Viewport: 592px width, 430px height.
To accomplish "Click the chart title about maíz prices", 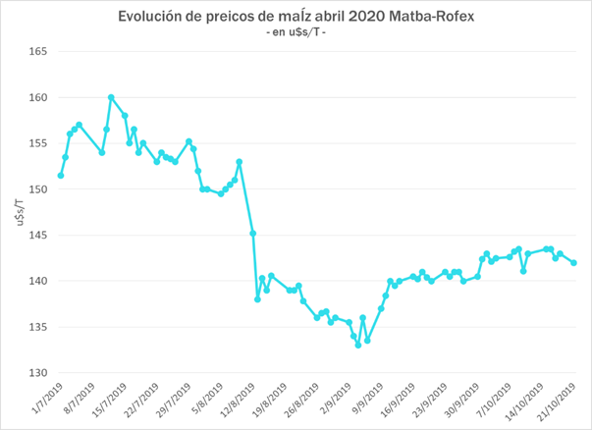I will [x=296, y=17].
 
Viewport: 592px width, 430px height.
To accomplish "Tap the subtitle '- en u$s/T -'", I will [x=296, y=34].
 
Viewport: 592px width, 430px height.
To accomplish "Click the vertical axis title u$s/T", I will [x=14, y=212].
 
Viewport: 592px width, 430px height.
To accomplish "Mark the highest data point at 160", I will [x=111, y=97].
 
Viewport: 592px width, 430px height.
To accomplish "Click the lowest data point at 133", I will [x=358, y=345].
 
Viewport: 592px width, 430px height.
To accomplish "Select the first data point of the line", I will [x=61, y=176].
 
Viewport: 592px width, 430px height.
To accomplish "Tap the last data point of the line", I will [x=573, y=262].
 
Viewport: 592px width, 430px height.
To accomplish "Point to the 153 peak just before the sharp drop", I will [x=240, y=162].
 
